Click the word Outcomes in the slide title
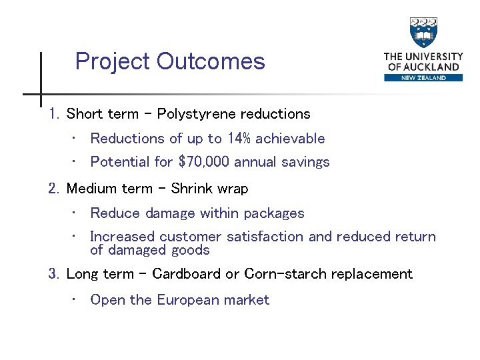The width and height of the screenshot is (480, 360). tap(210, 62)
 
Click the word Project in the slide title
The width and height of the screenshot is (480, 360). tap(113, 62)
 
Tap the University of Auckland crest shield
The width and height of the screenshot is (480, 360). tap(423, 33)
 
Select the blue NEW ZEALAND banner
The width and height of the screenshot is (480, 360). tap(423, 77)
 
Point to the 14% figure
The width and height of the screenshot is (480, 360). tap(239, 139)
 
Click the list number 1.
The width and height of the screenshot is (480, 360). tap(54, 114)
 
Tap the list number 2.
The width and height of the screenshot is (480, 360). tap(54, 189)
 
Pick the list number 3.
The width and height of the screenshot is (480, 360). tap(54, 274)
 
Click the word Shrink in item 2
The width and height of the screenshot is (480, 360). tap(191, 189)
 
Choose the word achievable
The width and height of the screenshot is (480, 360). tap(290, 139)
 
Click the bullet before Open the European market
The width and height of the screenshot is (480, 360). tap(75, 300)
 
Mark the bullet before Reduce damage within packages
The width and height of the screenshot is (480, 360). tap(75, 213)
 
